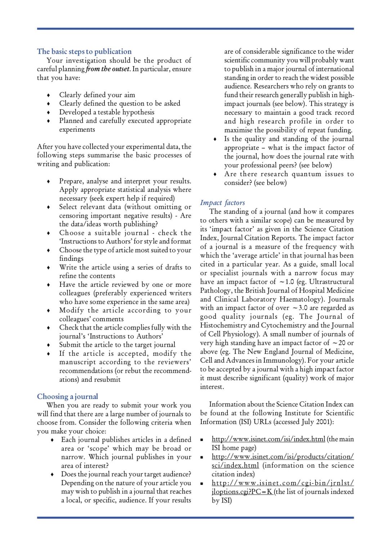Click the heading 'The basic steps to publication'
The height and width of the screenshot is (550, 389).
pos(84,51)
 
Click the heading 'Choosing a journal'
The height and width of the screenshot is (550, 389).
pos(67,396)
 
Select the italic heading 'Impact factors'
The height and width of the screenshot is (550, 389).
pos(222,203)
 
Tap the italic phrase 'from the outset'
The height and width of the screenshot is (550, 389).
pos(107,69)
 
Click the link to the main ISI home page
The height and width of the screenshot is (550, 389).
pos(268,439)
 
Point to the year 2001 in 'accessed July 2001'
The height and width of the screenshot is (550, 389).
pos(325,422)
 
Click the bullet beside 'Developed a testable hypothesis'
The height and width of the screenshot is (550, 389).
pos(49,113)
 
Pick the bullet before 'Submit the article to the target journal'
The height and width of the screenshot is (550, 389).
pos(49,345)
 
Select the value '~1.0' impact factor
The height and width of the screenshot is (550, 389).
pos(287,282)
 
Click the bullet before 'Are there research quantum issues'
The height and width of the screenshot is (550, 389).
pos(215,174)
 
